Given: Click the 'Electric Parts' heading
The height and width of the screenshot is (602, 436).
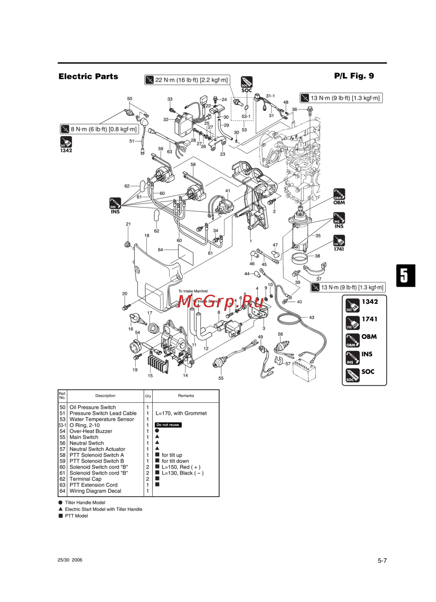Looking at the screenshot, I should [x=88, y=76].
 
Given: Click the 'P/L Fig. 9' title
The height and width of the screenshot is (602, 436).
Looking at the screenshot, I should [x=354, y=76].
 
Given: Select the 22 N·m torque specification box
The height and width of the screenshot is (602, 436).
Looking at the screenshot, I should [x=187, y=80].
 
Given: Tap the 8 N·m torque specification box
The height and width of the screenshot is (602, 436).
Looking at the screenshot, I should [x=99, y=129].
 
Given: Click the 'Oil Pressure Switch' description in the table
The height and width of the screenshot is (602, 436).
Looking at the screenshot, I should [x=92, y=407].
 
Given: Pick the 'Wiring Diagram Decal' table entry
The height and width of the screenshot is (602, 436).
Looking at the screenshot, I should [x=95, y=491].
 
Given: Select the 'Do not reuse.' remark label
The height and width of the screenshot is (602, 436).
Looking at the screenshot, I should [x=168, y=425].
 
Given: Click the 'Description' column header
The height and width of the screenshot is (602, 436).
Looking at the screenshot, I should [x=105, y=396].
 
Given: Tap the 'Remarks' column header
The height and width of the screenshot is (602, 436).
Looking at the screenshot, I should [x=186, y=396].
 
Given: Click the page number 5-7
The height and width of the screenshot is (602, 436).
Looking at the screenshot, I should [x=382, y=561].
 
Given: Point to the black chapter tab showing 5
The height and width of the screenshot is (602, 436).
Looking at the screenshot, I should [x=405, y=275].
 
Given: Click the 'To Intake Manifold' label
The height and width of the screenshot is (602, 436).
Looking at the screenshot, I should [x=193, y=291].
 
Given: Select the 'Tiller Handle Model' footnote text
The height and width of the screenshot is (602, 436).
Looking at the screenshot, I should [x=85, y=503].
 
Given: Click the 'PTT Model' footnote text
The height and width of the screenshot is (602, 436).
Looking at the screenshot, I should [x=76, y=516].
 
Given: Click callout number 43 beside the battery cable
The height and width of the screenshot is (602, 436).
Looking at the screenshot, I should [x=311, y=317].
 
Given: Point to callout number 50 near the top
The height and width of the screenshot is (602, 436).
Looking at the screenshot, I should [x=129, y=99].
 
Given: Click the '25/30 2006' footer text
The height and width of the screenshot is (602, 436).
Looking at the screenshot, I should [x=70, y=560].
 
